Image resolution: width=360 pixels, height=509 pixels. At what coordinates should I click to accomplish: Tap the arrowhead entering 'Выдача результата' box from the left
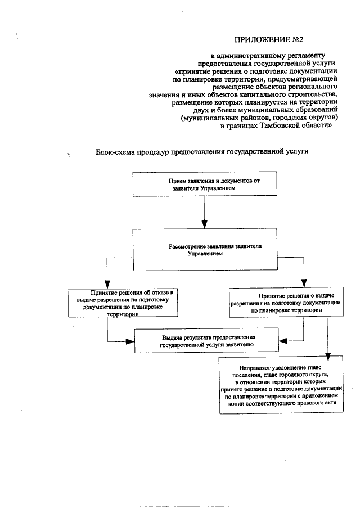coord(129,340)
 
